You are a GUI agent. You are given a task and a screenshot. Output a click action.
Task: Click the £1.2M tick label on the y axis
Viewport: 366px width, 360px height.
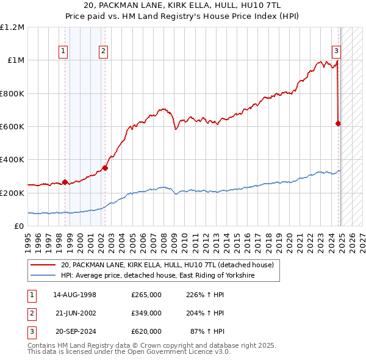[x=12, y=27]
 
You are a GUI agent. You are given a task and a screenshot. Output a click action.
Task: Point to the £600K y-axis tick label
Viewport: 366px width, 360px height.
[x=12, y=127]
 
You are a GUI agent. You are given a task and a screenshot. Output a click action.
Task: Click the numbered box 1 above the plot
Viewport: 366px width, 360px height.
[x=63, y=52]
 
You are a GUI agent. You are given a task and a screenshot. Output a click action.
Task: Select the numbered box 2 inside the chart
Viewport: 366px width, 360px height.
[x=104, y=52]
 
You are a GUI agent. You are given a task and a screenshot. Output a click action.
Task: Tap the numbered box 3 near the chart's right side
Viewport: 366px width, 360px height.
[x=335, y=52]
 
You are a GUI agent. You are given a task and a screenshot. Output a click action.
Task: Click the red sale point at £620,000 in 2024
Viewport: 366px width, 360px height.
[x=338, y=123]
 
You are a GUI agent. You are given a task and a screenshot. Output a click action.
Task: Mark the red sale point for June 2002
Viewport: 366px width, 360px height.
[x=105, y=168]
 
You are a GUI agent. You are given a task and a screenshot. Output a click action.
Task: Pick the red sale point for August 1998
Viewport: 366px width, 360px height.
[x=65, y=182]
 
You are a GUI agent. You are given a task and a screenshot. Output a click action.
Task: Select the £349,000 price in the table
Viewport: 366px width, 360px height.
[x=146, y=313]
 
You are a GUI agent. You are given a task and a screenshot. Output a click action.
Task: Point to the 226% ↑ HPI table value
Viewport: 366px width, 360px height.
[x=204, y=295]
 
